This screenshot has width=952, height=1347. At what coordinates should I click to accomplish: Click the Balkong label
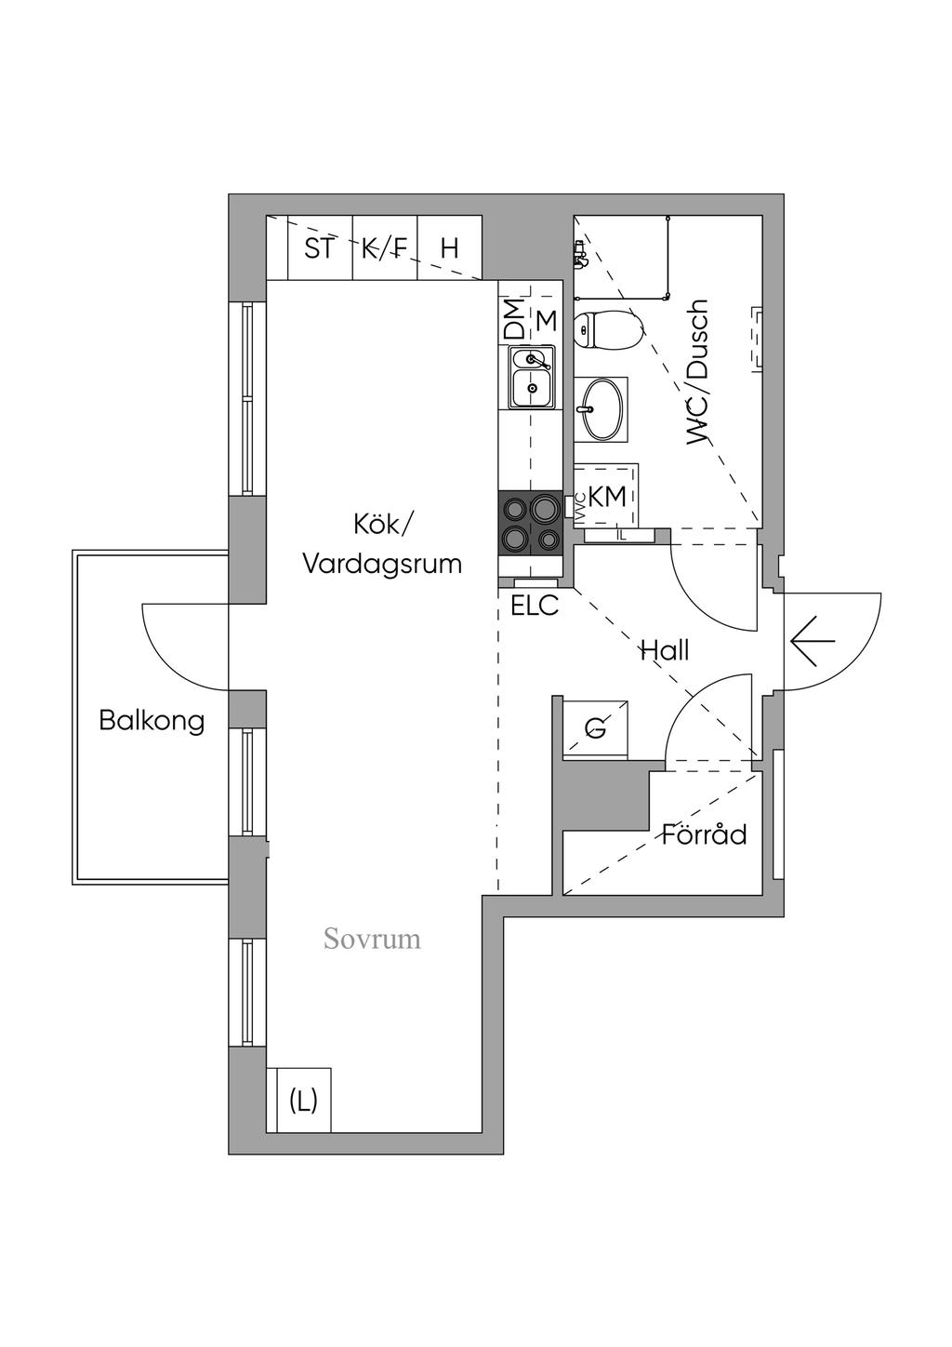[152, 721]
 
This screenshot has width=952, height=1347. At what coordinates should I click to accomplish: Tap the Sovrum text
[372, 938]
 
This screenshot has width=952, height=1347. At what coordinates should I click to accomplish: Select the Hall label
[665, 650]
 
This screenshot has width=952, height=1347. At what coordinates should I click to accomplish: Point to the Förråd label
[704, 834]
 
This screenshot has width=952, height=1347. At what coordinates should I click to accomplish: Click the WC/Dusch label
[698, 373]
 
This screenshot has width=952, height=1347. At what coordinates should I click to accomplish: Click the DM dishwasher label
[514, 319]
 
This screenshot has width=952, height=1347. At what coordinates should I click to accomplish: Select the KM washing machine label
[607, 497]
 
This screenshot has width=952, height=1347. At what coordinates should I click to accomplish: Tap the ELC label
[535, 606]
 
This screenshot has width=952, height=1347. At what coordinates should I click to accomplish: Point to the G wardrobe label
[596, 729]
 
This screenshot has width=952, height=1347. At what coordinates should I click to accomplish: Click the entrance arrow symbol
[813, 641]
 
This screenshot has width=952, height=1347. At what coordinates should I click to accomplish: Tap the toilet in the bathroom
[607, 330]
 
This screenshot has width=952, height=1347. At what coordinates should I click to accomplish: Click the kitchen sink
[533, 377]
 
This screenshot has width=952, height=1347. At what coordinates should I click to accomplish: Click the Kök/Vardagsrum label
[382, 545]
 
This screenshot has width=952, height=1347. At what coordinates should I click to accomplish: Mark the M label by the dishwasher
[547, 321]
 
